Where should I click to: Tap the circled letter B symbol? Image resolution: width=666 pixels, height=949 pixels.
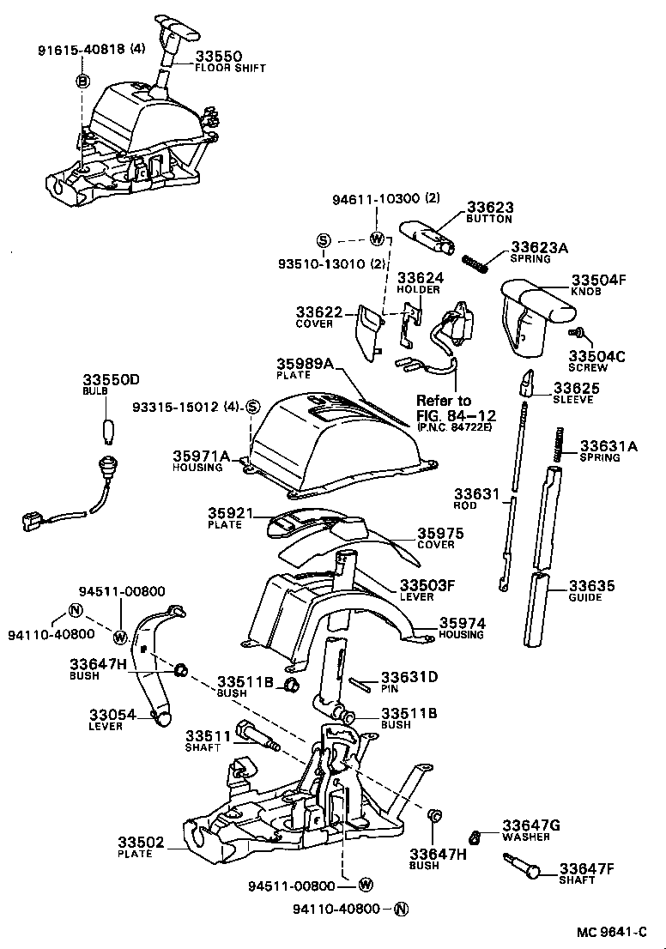click(x=83, y=81)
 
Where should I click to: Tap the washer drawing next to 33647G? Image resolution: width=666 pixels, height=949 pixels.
click(x=473, y=836)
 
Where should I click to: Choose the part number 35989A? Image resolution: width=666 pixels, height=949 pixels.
click(x=305, y=364)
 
